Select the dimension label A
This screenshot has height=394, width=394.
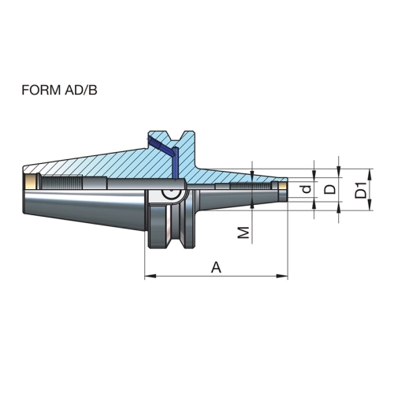217,267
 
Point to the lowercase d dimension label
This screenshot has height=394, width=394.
307,189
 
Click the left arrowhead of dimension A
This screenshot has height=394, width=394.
151,276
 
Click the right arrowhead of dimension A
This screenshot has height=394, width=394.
282,276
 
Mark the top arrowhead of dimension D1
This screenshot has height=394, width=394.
370,174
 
